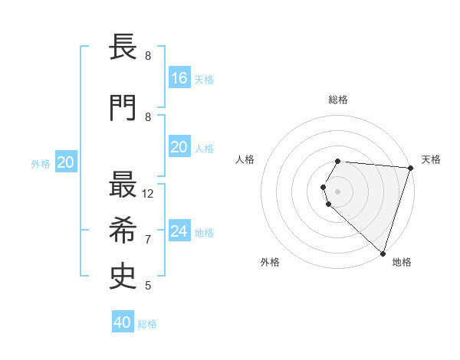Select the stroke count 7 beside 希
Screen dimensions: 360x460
tap(148, 240)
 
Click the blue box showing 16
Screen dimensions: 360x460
tap(179, 77)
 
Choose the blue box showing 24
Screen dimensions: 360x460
tap(179, 231)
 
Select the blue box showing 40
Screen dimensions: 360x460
tap(123, 322)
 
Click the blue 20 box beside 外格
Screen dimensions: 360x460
tap(66, 162)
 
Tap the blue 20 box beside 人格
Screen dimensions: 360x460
tap(179, 147)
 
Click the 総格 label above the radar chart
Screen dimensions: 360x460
tap(338, 100)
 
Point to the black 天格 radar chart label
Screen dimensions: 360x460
tap(431, 159)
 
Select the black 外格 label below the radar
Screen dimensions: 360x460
tap(270, 262)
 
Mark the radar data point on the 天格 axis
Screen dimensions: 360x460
tap(410, 168)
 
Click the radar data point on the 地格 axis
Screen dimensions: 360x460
tap(383, 254)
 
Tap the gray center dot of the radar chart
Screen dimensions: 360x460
tap(337, 191)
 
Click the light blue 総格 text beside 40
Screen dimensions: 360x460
tap(147, 324)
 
